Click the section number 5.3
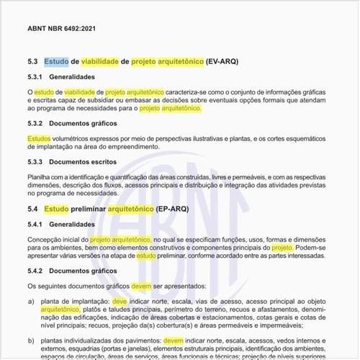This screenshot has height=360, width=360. tap(32, 62)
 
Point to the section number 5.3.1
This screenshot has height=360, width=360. tap(36, 77)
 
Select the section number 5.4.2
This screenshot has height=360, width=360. tap(36, 271)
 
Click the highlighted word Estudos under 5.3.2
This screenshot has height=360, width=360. tap(39, 137)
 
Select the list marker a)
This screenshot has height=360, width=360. tap(31, 302)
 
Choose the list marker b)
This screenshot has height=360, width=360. tap(31, 341)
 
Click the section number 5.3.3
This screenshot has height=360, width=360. tap(36, 162)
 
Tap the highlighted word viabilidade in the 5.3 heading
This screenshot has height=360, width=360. tap(100, 62)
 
